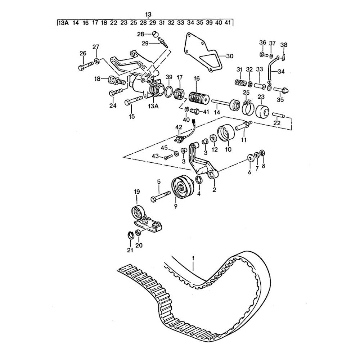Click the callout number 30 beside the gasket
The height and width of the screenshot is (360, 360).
229,56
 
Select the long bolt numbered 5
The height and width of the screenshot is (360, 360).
160,195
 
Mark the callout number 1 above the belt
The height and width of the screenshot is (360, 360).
193,258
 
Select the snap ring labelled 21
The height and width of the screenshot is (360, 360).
131,235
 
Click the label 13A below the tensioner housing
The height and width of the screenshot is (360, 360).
153,106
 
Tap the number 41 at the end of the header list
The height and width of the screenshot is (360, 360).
228,23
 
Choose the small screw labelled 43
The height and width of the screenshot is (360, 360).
169,157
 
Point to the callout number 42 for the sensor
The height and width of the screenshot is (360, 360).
179,127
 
